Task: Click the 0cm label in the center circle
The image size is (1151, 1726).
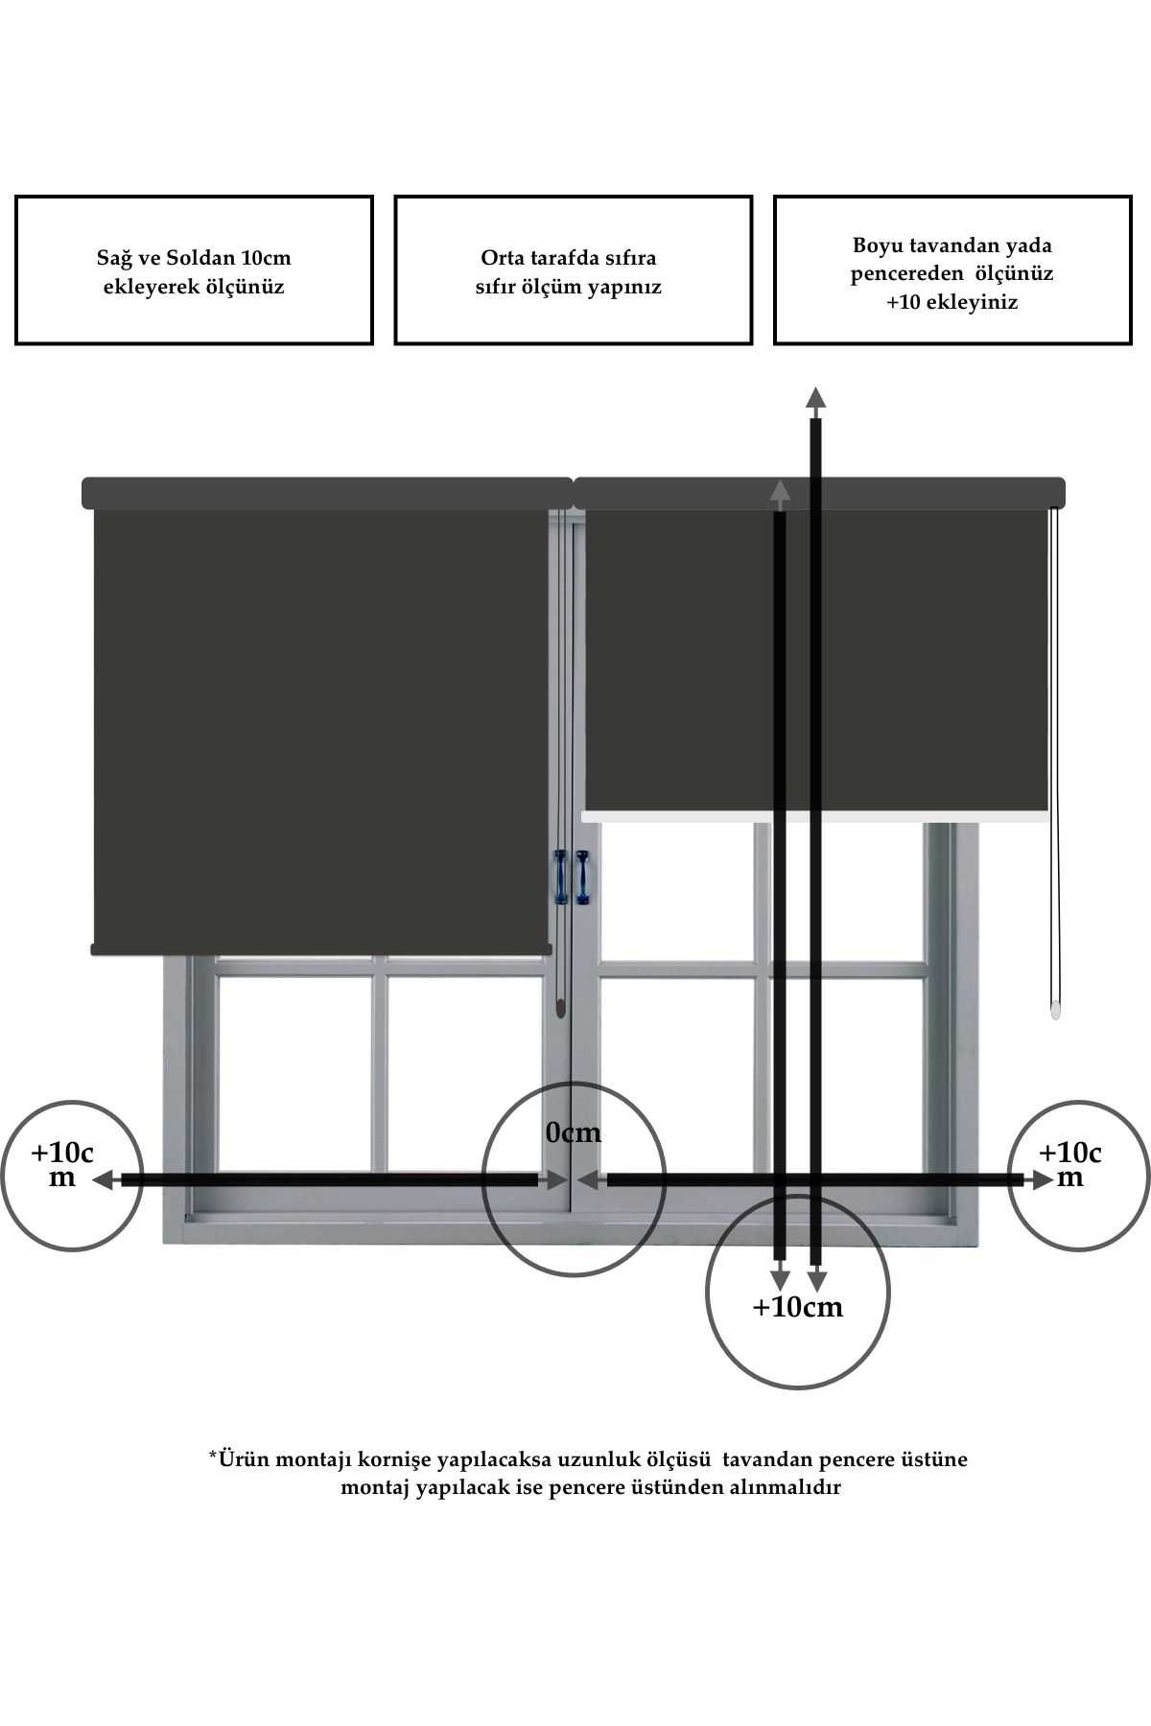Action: (574, 1132)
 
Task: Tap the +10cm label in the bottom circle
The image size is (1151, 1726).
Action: (798, 1306)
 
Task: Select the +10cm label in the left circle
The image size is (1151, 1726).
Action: (62, 1164)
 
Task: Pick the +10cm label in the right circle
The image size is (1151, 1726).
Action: (1070, 1164)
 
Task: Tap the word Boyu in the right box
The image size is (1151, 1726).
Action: (875, 245)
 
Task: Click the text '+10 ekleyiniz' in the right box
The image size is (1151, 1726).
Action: (952, 302)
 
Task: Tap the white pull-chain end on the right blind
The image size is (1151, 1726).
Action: (1056, 1009)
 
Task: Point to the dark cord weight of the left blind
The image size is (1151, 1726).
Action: (559, 1007)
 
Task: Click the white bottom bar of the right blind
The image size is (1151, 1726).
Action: (815, 816)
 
